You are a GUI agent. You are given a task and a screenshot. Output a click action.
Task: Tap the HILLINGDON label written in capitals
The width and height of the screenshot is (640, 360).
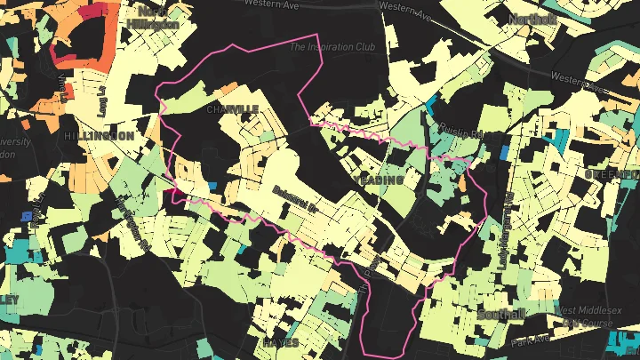tap(100, 136)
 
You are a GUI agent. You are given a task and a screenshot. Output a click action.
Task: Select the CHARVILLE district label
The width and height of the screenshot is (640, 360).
tap(232, 108)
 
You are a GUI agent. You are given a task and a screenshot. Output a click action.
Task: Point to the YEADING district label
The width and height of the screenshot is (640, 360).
tap(378, 180)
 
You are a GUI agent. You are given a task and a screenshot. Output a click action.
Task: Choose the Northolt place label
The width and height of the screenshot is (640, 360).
tap(532, 20)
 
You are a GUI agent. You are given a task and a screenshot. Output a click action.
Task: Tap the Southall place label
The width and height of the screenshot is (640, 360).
tap(500, 315)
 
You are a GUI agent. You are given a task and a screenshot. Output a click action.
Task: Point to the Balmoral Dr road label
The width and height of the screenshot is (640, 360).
tap(295, 188)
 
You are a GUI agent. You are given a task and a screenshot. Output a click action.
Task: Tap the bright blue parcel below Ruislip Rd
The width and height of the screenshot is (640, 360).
tap(505, 152)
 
